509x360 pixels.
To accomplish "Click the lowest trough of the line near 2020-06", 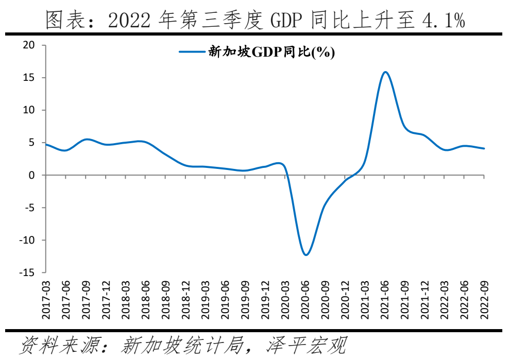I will tap(306, 254).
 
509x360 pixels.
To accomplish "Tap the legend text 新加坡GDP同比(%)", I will tap(271, 52).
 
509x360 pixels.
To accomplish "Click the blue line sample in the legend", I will tap(192, 52).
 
